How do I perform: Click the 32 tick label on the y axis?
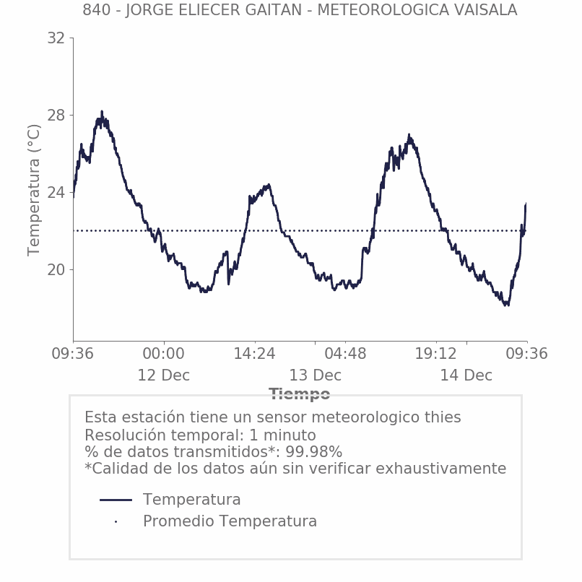[56, 38]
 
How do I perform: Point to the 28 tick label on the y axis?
[56, 116]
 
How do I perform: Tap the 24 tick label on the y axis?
[56, 193]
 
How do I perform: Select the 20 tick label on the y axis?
[56, 270]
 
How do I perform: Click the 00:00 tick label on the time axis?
[164, 354]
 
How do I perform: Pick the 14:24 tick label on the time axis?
[254, 354]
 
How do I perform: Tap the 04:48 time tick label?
[345, 354]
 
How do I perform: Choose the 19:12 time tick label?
[436, 354]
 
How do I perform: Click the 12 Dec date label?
[164, 376]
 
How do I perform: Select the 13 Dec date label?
[315, 376]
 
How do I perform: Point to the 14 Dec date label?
[466, 376]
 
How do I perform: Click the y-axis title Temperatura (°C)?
[34, 190]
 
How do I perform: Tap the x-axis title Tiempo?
[300, 394]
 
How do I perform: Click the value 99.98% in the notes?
[313, 452]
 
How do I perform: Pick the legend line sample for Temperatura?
[116, 500]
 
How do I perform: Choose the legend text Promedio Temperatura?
[230, 521]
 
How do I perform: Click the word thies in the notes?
[442, 417]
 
